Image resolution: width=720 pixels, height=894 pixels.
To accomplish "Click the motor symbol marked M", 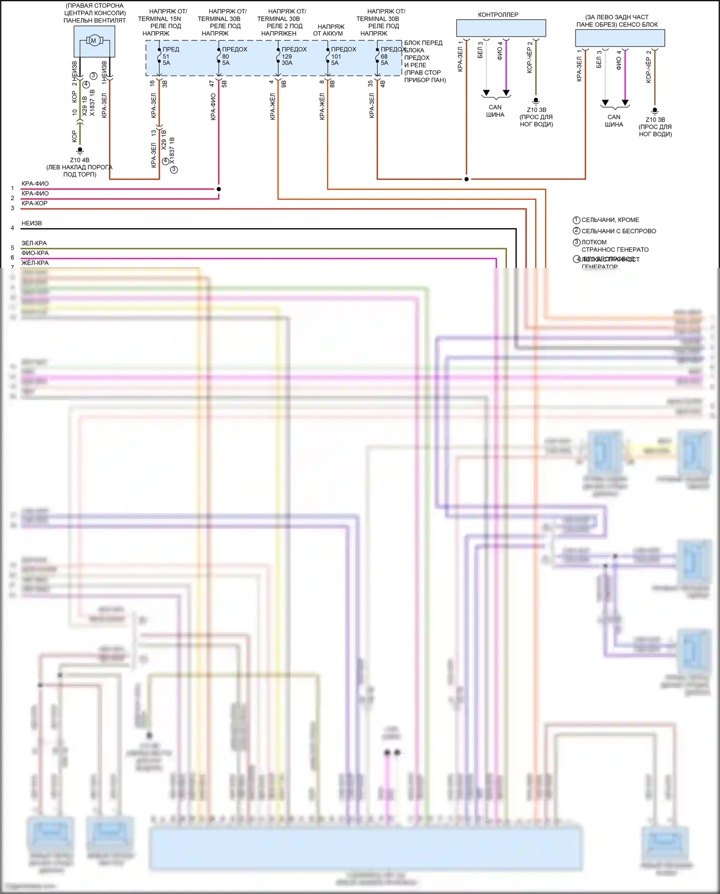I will [94, 40].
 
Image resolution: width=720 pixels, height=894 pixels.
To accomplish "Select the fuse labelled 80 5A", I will [225, 60].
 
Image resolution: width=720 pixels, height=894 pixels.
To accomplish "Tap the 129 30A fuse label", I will [287, 60].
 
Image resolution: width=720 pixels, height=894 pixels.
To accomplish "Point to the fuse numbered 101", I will [336, 57].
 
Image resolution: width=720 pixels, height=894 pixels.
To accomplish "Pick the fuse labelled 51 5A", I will [166, 60].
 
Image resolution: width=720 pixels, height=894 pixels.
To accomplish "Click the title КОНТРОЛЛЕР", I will [498, 15].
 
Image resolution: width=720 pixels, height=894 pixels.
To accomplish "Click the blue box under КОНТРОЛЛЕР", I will [501, 28].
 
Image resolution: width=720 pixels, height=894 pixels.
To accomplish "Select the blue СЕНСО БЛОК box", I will [620, 38].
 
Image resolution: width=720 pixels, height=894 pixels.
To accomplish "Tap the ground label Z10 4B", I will [80, 160].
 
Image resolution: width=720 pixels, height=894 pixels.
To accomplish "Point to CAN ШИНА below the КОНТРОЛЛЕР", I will [495, 111].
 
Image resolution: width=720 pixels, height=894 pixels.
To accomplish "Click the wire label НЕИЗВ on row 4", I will [32, 223].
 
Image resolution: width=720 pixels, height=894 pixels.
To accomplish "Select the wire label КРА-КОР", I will [35, 203].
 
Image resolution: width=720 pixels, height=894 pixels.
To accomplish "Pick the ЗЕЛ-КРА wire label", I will [34, 243].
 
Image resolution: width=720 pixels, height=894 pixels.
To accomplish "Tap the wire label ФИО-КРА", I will [35, 253].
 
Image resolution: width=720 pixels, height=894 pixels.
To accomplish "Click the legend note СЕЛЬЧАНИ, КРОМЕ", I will [610, 220].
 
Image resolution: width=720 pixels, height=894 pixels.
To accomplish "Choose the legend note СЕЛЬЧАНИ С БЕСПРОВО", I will [618, 231].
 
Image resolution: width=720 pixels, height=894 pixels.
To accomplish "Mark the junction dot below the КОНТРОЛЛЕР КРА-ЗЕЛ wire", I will [466, 179].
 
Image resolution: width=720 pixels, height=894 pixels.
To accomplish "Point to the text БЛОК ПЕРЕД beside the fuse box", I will [423, 43].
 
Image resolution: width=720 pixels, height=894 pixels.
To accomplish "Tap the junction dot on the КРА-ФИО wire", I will [218, 189].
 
